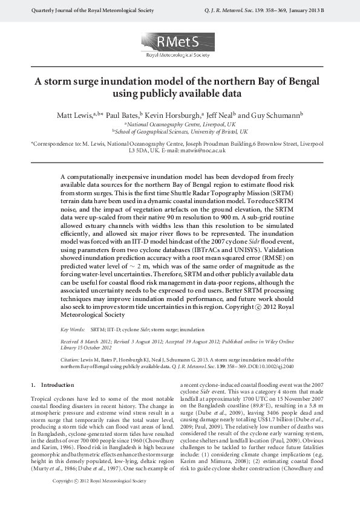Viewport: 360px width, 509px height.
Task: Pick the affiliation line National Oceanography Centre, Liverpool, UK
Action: coord(180,123)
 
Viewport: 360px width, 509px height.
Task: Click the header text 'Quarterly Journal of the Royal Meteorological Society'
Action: coord(90,11)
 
